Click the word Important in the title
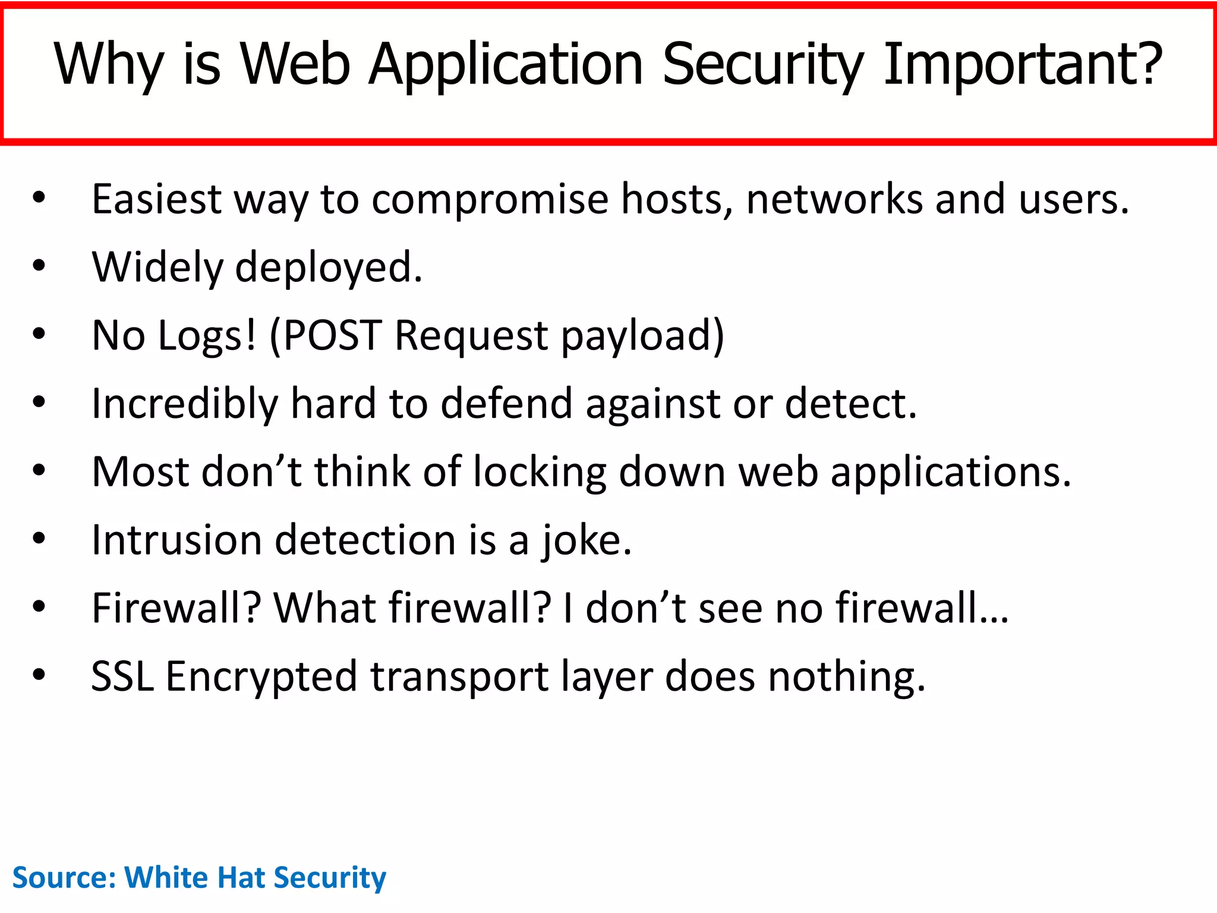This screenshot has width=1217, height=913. [x=1022, y=64]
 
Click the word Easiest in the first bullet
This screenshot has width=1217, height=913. [x=156, y=199]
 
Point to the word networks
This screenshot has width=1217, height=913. [x=834, y=199]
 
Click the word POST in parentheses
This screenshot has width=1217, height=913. [x=332, y=335]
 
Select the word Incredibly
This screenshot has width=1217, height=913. [x=184, y=405]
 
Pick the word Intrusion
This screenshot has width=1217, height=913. [x=176, y=540]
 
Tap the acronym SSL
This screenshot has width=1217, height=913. [x=122, y=676]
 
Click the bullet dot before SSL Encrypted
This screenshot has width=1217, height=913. [x=39, y=675]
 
